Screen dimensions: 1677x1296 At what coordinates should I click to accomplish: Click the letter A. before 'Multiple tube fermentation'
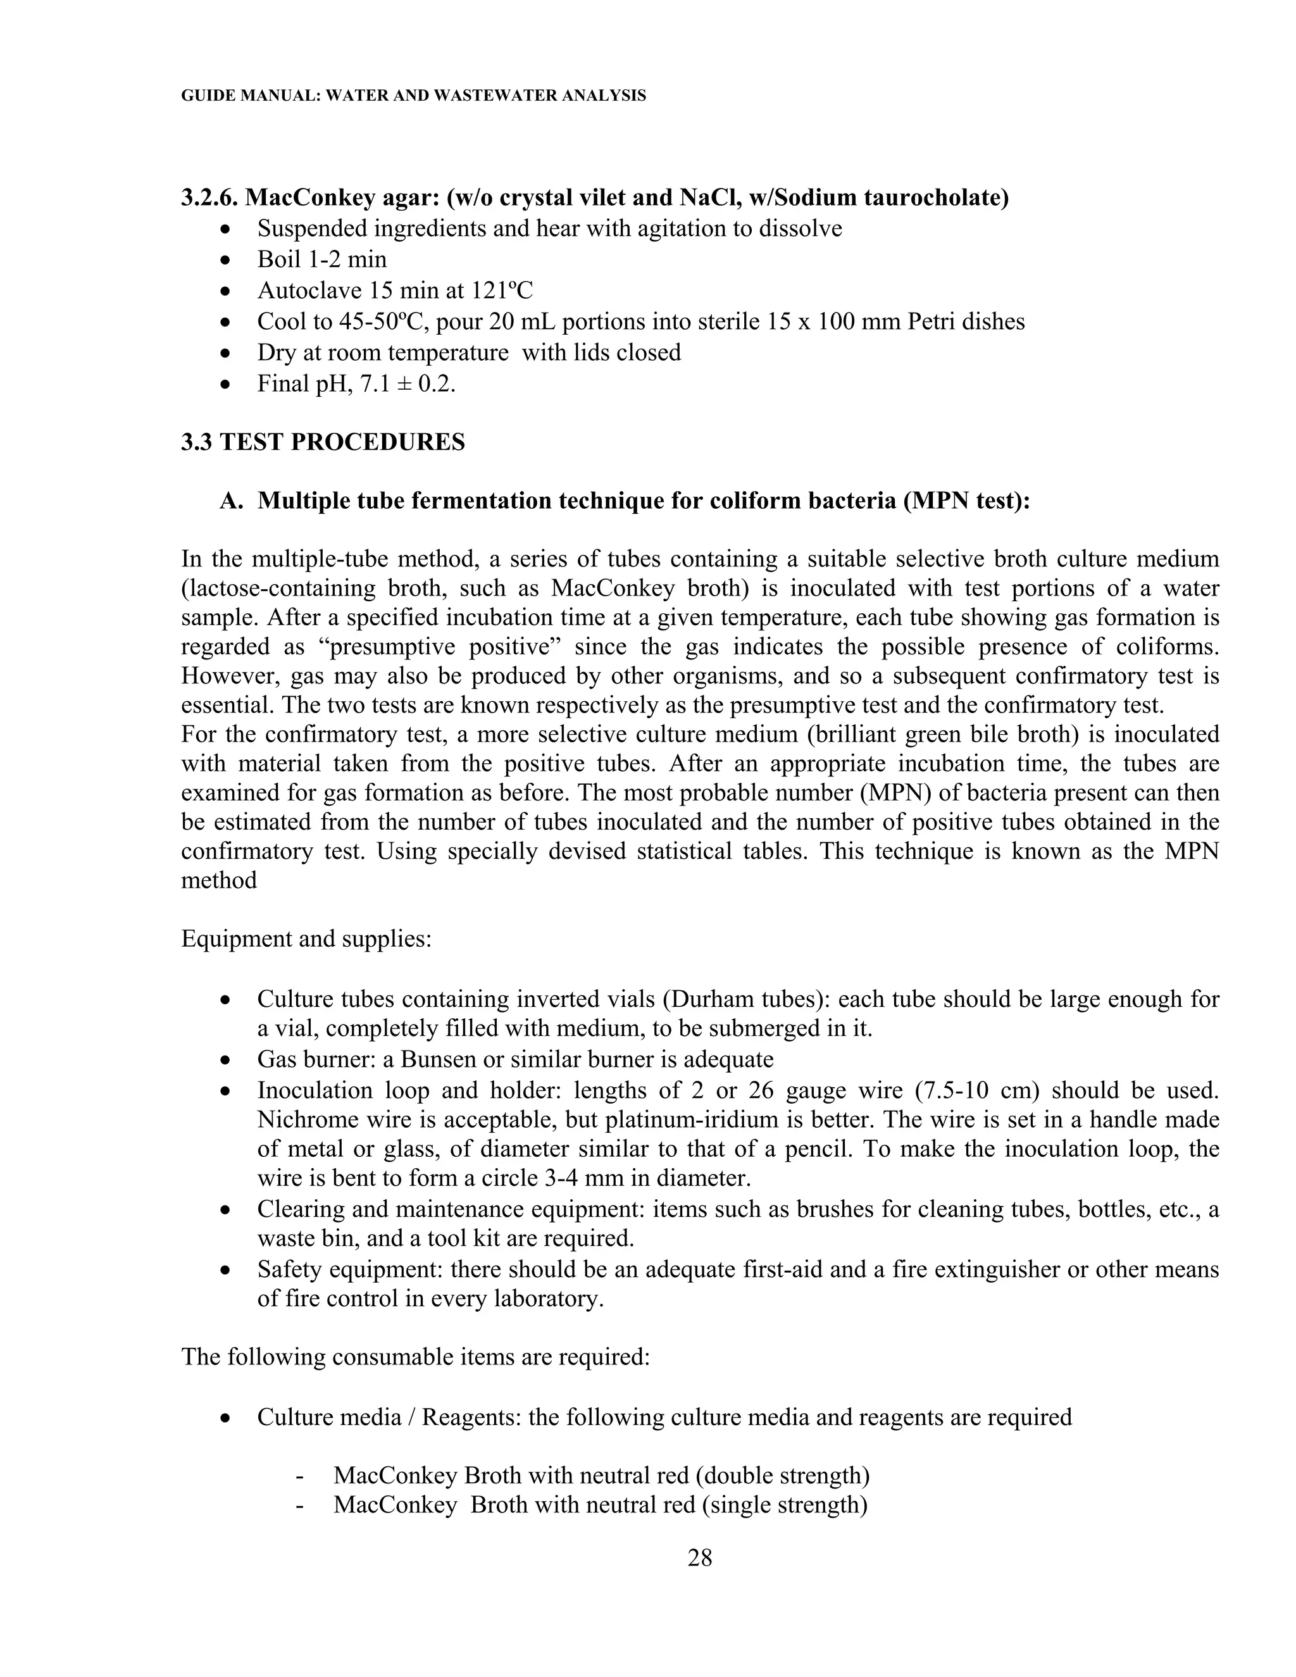point(230,501)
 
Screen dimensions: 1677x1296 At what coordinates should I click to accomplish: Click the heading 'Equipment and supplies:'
point(306,938)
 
